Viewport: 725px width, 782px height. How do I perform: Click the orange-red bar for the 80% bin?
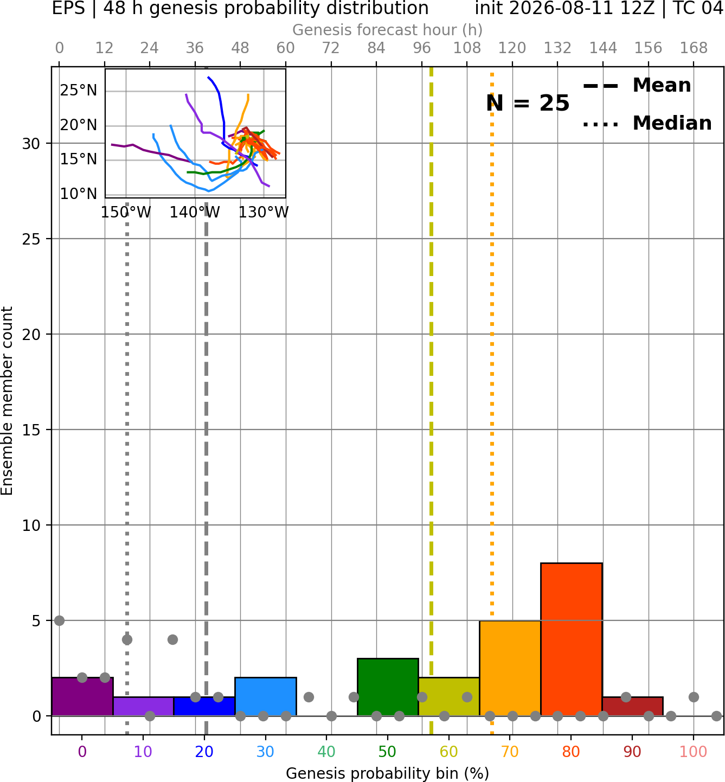(572, 639)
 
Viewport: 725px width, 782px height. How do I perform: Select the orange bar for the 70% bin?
(510, 668)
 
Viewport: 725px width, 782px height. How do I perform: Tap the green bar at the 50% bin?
(388, 687)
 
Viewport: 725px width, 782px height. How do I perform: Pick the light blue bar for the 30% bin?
(265, 696)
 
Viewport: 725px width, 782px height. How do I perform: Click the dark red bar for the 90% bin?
(633, 707)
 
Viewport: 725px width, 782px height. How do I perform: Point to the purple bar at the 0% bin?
(82, 696)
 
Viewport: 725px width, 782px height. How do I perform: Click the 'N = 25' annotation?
(528, 103)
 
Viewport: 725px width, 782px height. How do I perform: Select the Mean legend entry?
(637, 85)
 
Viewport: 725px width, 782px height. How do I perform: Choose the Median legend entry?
(647, 123)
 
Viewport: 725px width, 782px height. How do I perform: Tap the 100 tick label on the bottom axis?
(694, 752)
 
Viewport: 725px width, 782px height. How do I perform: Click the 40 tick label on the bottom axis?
(326, 752)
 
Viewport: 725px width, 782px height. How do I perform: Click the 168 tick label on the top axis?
(694, 48)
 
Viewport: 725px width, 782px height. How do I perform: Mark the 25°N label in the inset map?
(79, 91)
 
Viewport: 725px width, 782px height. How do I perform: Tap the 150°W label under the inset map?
(126, 212)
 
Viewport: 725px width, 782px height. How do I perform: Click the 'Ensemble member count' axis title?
(7, 401)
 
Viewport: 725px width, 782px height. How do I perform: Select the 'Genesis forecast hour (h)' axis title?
(388, 30)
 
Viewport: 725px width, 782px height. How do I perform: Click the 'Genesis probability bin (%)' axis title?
(388, 773)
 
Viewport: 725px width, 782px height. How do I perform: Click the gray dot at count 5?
(59, 620)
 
